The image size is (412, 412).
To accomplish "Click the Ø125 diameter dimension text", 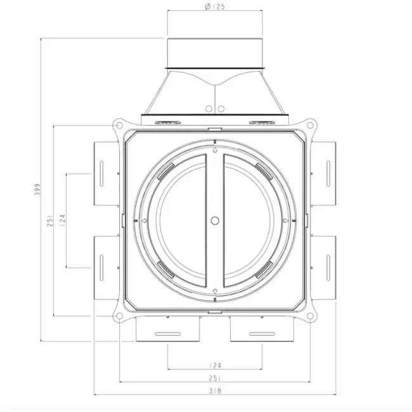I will pos(214,7).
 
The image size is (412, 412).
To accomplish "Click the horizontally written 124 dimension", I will pos(214,365).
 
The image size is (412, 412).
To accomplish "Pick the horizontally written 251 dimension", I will pos(214,378).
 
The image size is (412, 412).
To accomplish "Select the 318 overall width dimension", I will pos(214,391).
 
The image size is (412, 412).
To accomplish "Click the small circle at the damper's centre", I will pos(215,221).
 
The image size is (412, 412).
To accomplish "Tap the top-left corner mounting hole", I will pos(118,126).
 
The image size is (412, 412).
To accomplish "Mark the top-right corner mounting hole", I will pos(311,126).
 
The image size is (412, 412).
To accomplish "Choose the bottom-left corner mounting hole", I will pos(118,315).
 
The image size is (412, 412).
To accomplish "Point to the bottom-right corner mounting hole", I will pos(311,315).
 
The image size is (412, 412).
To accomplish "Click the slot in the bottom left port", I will pos(167,334).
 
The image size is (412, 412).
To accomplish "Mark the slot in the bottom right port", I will pos(262,334).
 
